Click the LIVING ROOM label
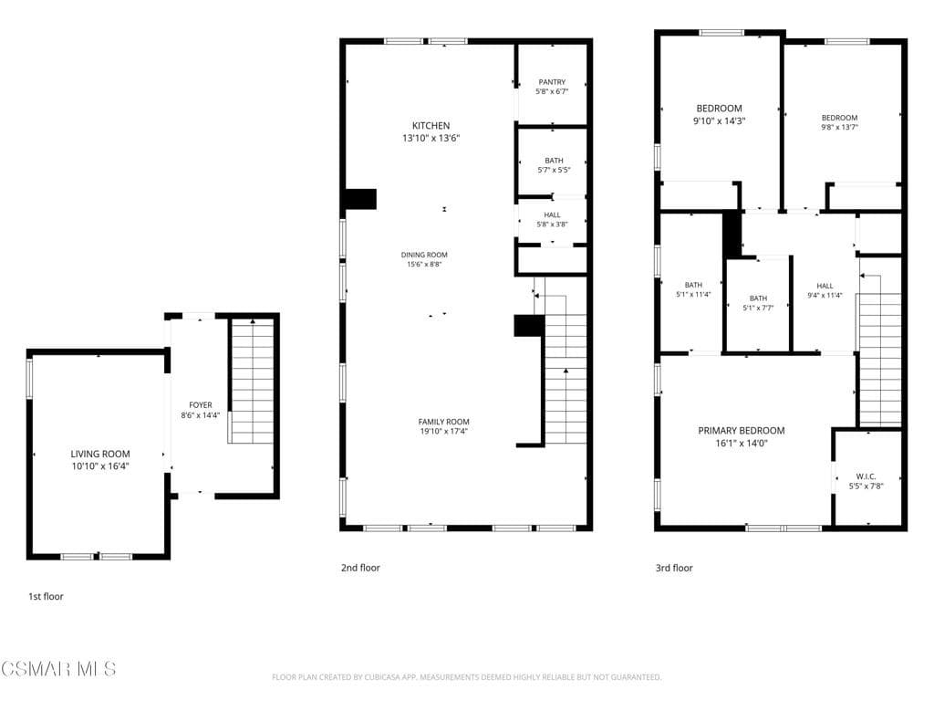point(100,454)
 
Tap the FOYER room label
point(201,404)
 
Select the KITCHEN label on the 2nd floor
point(431,126)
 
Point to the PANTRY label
point(552,82)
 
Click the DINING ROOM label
point(424,255)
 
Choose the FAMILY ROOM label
point(443,422)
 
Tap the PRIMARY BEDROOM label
point(741,431)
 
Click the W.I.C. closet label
point(866,476)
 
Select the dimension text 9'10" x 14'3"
point(720,120)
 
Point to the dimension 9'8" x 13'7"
point(839,128)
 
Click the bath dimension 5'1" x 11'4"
point(693,295)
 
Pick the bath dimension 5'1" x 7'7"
point(758,309)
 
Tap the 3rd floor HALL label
point(825,285)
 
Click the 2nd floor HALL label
point(552,214)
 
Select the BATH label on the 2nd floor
point(554,160)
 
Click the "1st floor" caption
point(46,596)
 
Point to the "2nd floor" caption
point(360,568)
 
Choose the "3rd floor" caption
point(674,568)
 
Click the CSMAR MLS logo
point(58,669)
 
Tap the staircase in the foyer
point(252,382)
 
